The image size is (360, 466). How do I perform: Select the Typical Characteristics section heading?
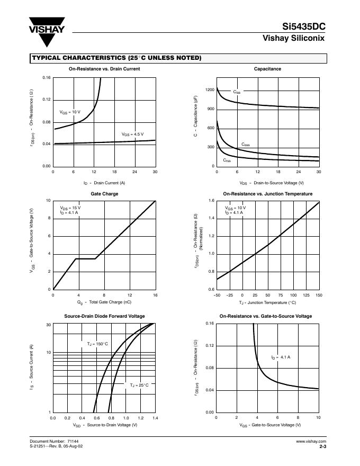click(x=116, y=58)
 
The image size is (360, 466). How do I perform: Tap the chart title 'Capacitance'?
click(x=267, y=69)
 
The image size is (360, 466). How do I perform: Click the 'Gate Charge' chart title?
click(x=104, y=194)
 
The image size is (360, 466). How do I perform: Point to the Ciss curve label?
click(x=237, y=92)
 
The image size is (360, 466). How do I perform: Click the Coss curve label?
click(x=246, y=145)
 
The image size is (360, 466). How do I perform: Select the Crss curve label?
click(x=227, y=160)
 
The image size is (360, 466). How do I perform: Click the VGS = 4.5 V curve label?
click(x=132, y=135)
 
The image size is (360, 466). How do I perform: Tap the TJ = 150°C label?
click(x=97, y=344)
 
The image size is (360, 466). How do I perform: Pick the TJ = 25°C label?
click(x=139, y=385)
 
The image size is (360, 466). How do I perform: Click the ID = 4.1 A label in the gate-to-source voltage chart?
click(x=281, y=357)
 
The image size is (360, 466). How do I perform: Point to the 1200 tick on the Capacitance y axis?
click(x=210, y=90)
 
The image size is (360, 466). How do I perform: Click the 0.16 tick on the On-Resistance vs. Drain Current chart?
click(x=47, y=78)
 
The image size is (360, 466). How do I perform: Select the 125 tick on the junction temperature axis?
click(x=307, y=294)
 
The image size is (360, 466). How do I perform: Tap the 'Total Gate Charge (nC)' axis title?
click(x=104, y=302)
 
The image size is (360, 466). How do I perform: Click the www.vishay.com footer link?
click(x=311, y=441)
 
